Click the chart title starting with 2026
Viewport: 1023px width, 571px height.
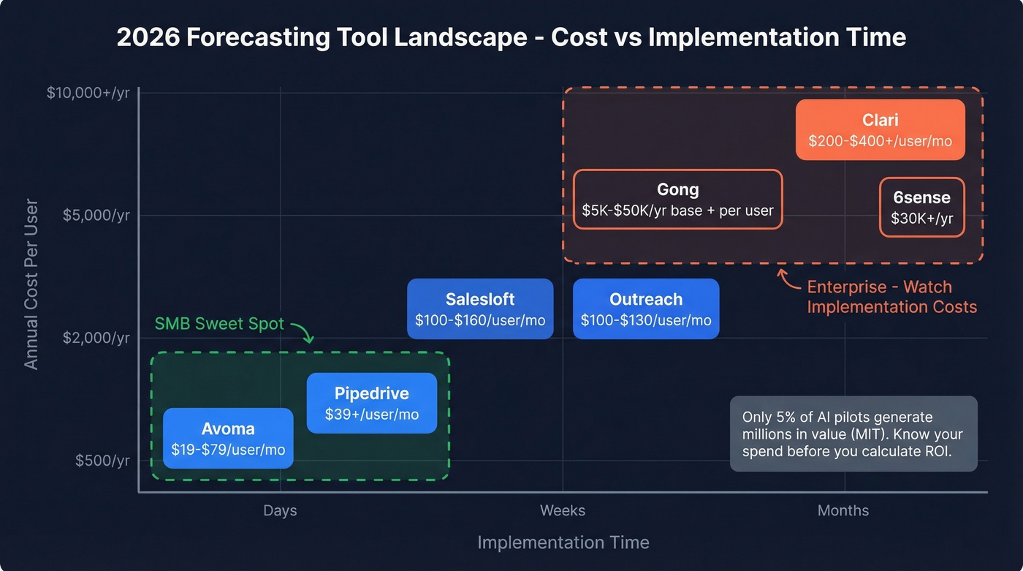512,37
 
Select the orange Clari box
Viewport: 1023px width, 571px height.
880,129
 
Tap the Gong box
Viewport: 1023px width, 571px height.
677,199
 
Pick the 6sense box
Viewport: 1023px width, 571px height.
921,207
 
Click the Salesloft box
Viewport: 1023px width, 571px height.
480,309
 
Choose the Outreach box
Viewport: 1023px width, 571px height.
646,309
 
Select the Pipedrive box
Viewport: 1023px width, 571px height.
371,403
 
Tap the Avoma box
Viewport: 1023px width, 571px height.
228,438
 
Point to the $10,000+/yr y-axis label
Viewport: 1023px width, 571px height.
88,93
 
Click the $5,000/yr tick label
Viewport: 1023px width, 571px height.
96,216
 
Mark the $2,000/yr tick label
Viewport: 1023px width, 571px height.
96,338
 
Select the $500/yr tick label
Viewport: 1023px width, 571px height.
102,461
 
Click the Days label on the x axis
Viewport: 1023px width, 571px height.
280,510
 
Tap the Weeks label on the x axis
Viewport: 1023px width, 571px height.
562,510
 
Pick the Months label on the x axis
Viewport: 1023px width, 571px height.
843,510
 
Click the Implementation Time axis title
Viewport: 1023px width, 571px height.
563,542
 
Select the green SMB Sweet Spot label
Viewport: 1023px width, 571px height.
219,324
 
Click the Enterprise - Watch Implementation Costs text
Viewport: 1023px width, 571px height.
891,297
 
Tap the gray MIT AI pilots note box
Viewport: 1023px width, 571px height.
853,434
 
